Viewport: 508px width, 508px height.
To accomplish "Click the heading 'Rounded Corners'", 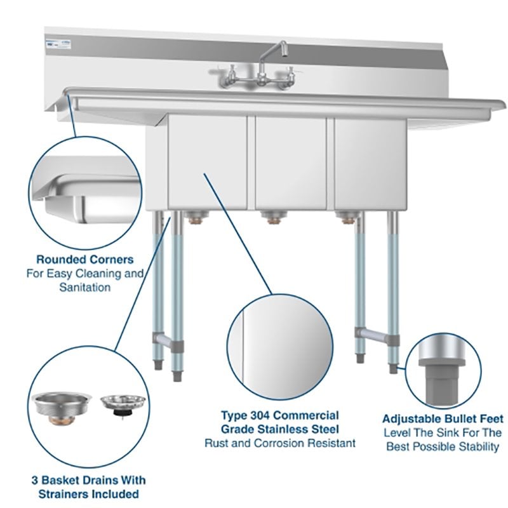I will [x=84, y=260].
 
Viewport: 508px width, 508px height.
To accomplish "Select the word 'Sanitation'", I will [x=84, y=287].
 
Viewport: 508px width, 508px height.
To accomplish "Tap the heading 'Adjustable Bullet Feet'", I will [x=443, y=419].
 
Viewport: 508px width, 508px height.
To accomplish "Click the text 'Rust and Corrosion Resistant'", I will [x=280, y=443].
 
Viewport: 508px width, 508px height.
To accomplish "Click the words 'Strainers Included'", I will [x=84, y=493].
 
